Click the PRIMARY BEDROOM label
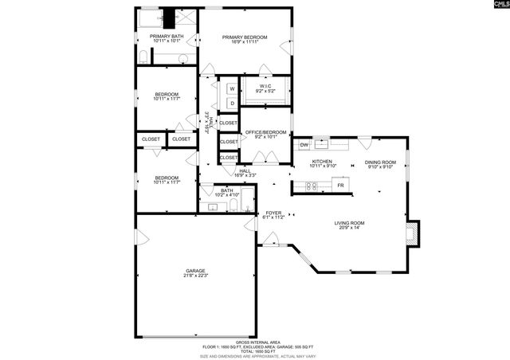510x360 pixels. click(x=245, y=37)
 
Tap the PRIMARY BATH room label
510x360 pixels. click(x=167, y=37)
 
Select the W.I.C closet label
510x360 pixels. click(x=265, y=86)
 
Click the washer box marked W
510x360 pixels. click(x=232, y=88)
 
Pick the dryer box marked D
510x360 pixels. click(x=232, y=103)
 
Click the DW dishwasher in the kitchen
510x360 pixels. click(x=304, y=145)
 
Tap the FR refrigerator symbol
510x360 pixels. click(x=340, y=186)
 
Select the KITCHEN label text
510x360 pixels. click(x=322, y=162)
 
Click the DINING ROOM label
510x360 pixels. click(x=380, y=162)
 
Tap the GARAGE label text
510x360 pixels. click(x=195, y=271)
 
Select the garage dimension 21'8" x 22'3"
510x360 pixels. click(x=195, y=276)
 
